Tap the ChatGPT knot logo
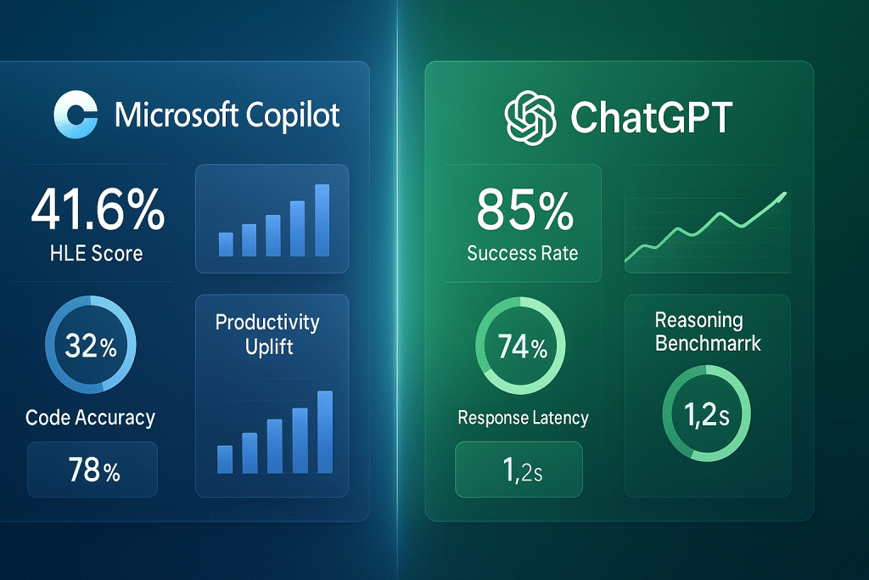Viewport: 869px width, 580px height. tap(530, 117)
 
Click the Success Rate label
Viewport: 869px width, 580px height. tap(523, 252)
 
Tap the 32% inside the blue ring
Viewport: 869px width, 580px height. tap(89, 348)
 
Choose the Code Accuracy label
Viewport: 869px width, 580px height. tap(90, 417)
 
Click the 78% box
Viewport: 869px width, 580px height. tap(93, 470)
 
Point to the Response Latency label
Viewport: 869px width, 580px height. tap(523, 418)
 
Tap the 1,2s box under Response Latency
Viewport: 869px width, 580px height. tap(519, 470)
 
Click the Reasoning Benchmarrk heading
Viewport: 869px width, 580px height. tap(708, 332)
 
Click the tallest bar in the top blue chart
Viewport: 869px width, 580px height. tap(322, 220)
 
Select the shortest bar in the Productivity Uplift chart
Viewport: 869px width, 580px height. tap(225, 459)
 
